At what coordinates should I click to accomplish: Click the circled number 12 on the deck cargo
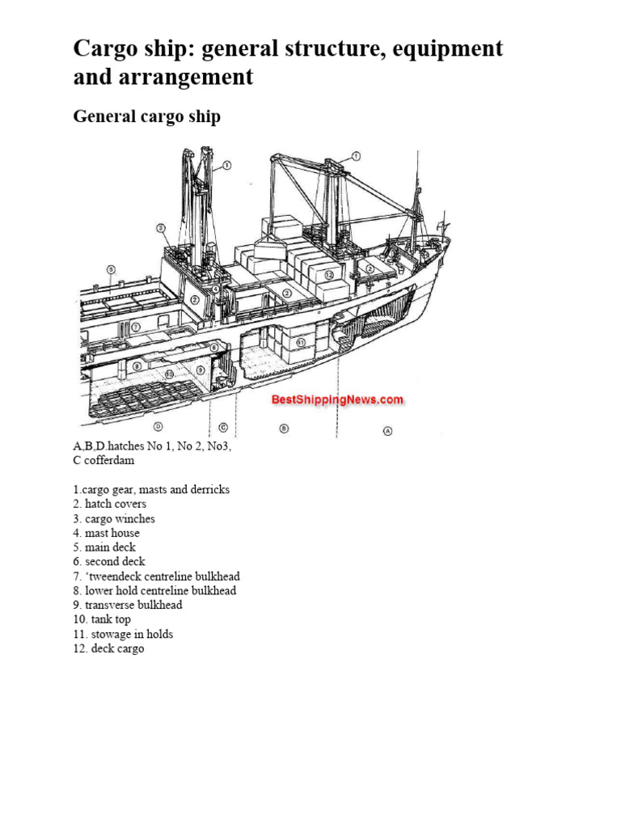329,275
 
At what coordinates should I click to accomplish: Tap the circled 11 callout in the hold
301,343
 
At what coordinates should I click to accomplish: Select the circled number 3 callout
162,228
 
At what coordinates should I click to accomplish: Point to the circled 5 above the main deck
111,269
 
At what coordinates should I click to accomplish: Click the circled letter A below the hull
387,431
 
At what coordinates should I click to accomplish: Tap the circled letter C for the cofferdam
222,427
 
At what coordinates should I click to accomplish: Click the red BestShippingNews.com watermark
337,399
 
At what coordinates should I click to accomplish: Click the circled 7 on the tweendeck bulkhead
136,327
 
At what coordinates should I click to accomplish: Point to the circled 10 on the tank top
170,374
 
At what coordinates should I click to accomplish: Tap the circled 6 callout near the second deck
213,347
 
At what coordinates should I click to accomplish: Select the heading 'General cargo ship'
146,116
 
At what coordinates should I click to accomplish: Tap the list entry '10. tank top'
102,619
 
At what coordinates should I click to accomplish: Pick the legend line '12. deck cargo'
108,648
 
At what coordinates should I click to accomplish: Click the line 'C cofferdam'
103,460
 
